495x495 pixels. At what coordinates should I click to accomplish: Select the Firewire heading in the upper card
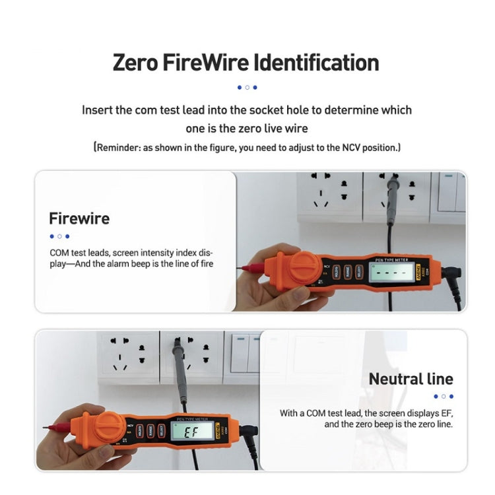79,218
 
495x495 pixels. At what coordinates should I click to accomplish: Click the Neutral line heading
411,379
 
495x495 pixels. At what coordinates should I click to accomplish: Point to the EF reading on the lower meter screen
191,434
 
